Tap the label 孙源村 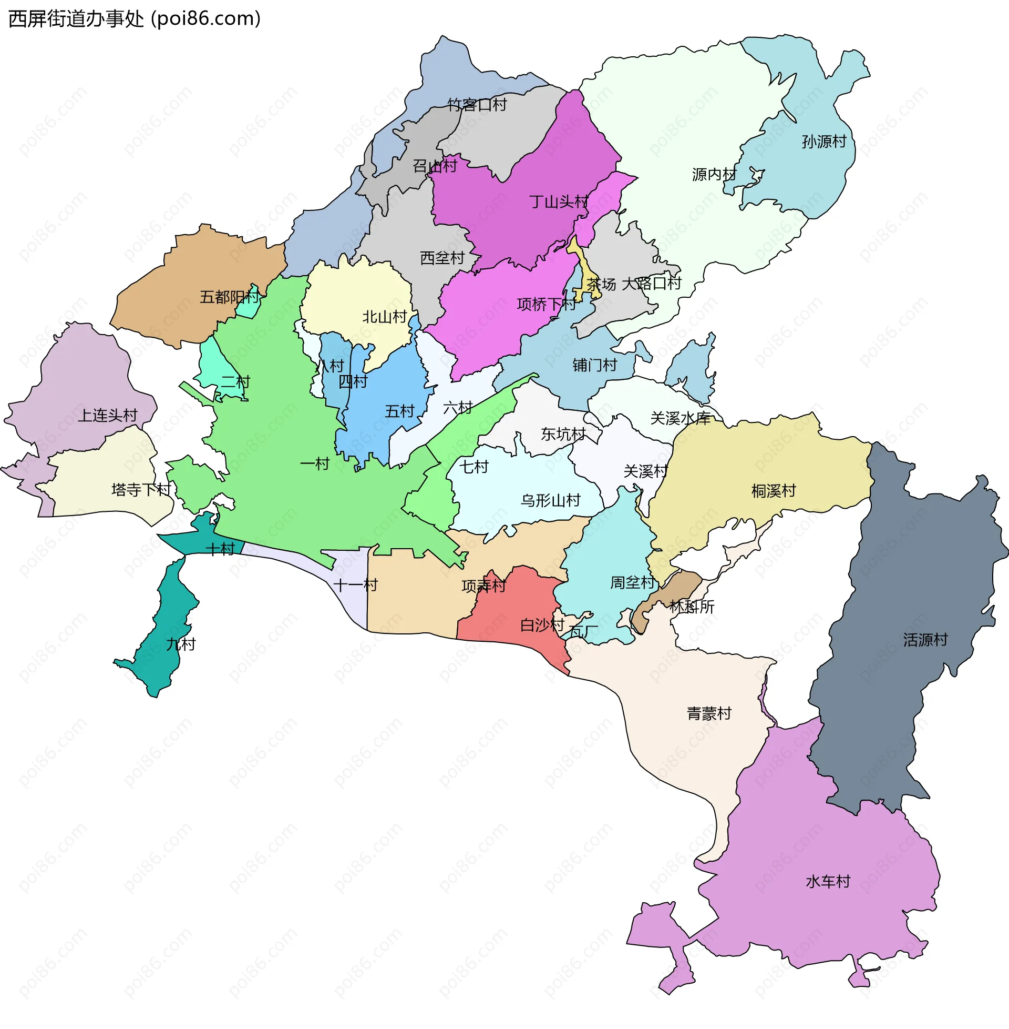(x=823, y=142)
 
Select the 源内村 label (x=713, y=174)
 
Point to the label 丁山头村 (x=559, y=201)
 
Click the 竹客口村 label (x=477, y=105)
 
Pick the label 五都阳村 (x=229, y=297)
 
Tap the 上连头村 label (x=108, y=415)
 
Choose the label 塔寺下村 (x=141, y=489)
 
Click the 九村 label (x=181, y=644)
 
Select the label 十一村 (x=355, y=585)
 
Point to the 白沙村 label (x=542, y=625)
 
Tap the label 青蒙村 (x=708, y=713)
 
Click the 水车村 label (x=828, y=882)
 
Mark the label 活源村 (x=925, y=640)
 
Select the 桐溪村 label (x=773, y=491)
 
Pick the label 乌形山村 (x=550, y=500)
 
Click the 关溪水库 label (x=680, y=419)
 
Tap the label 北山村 (x=384, y=317)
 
